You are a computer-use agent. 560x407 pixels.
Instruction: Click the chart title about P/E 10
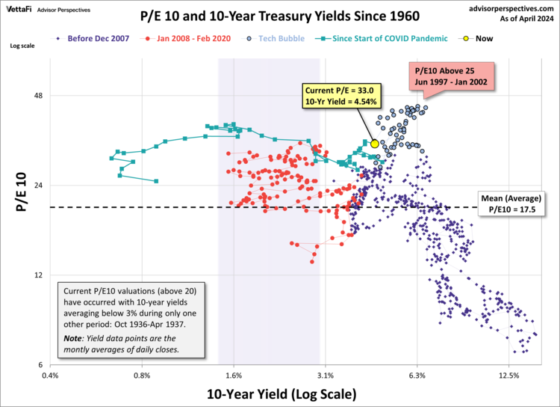coord(279,15)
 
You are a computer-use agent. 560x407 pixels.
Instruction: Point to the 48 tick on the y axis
coord(38,97)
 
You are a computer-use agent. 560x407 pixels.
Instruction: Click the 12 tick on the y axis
coord(38,275)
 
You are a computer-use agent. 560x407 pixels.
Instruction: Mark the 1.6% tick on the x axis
coord(234,376)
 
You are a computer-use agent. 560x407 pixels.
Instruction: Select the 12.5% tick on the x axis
coord(508,376)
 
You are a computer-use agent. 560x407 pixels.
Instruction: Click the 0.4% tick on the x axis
coord(50,376)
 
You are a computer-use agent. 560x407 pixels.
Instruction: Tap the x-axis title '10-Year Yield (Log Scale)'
coord(280,393)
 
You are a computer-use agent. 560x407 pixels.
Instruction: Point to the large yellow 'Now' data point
coord(375,144)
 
